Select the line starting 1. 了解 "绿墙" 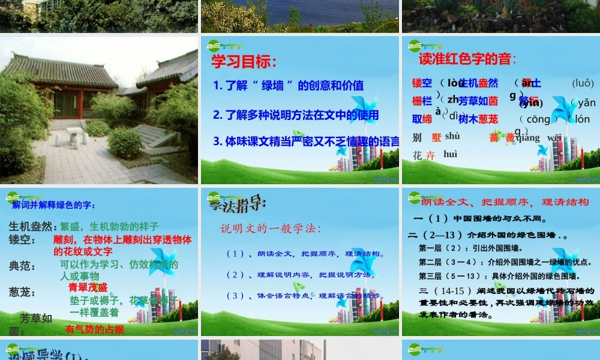click(x=288, y=86)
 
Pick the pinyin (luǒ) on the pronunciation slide click(x=583, y=83)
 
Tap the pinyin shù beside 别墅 click(x=452, y=136)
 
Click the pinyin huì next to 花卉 click(x=450, y=155)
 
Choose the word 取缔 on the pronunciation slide click(x=422, y=119)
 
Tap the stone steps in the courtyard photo click(x=152, y=136)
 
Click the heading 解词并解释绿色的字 click(x=53, y=205)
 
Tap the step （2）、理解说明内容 click(x=298, y=275)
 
